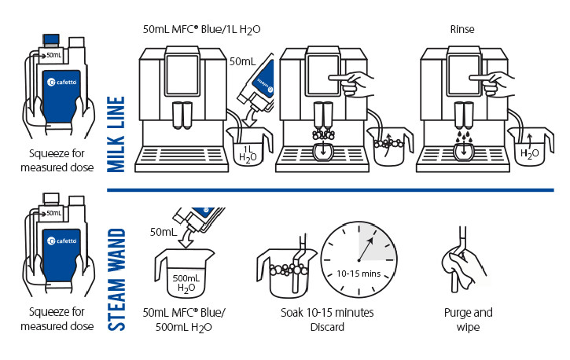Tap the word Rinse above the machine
(462, 29)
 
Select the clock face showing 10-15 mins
(359, 254)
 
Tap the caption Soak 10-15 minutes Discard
(327, 319)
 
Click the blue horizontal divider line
(330, 189)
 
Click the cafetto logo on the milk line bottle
(62, 82)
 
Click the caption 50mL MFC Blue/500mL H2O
(185, 319)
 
